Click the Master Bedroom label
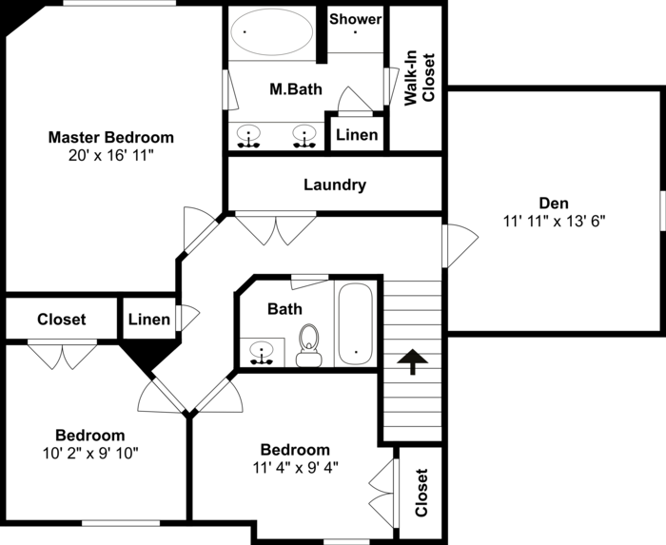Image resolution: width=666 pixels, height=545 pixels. tap(111, 137)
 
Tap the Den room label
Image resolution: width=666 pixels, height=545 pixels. tap(554, 203)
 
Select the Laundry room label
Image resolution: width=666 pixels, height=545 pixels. tap(335, 185)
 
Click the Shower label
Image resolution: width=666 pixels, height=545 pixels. tap(355, 19)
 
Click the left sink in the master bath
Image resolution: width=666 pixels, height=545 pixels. tap(249, 137)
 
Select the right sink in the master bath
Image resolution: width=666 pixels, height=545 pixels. tap(304, 137)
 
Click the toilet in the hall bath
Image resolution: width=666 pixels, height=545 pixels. tap(308, 346)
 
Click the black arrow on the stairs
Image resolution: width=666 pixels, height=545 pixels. tap(411, 361)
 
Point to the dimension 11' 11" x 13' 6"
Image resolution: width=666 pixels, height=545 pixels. tap(554, 221)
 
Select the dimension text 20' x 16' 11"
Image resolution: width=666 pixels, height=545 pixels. tap(111, 155)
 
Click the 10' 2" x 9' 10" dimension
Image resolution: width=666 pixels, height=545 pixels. tap(89, 453)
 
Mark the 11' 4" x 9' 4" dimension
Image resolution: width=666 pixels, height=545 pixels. tap(296, 467)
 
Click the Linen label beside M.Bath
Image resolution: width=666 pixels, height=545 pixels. tap(357, 135)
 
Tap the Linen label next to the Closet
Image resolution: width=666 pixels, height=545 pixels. tap(148, 320)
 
